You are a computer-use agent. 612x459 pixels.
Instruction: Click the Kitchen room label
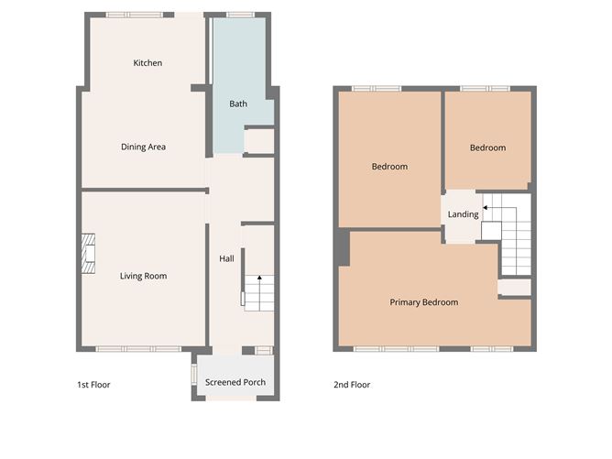(x=148, y=63)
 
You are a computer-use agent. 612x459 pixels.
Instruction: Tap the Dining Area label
(x=144, y=147)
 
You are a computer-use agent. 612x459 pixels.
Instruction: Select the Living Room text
(x=143, y=276)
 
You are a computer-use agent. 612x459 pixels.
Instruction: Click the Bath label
(x=238, y=104)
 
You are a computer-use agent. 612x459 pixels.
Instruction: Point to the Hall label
(x=226, y=259)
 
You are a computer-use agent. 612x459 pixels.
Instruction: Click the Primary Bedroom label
(x=423, y=302)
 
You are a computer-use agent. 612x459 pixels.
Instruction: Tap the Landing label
(x=463, y=215)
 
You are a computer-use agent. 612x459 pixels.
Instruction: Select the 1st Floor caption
(x=93, y=385)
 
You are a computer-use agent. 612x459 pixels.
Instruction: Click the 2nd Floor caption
(x=352, y=385)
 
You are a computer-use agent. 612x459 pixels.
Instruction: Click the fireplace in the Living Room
(x=88, y=254)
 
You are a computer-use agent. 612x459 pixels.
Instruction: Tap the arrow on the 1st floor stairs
(x=259, y=279)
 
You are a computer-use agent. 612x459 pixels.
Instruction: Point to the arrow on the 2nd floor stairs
(x=486, y=210)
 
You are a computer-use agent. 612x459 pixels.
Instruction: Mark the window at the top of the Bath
(x=240, y=15)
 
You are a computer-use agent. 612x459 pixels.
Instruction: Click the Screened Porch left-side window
(x=193, y=375)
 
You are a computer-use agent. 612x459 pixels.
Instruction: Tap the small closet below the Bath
(x=260, y=142)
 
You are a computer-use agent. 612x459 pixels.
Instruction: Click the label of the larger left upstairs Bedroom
(x=389, y=167)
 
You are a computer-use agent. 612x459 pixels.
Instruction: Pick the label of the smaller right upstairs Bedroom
(x=487, y=148)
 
